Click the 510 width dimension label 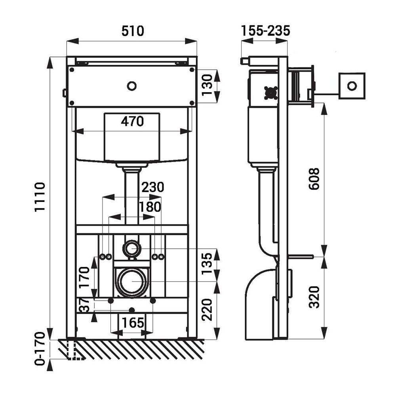132,31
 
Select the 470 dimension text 132,122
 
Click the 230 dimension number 151,187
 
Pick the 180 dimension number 150,207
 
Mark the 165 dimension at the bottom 132,323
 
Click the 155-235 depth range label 265,30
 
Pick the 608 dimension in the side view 314,179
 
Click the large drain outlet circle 132,282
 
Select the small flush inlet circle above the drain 132,249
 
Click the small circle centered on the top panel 132,85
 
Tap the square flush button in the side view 351,86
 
